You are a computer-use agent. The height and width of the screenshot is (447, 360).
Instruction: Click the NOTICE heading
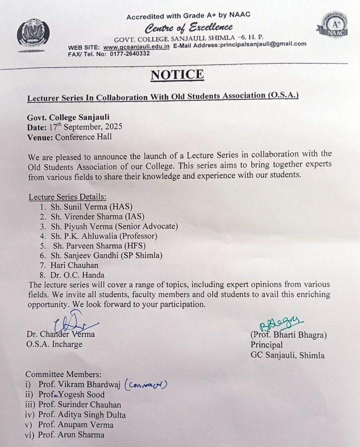coord(177,75)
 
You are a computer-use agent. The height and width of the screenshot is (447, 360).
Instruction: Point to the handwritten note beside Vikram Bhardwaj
coord(145,385)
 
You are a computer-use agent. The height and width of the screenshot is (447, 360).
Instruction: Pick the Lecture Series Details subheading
coord(67,197)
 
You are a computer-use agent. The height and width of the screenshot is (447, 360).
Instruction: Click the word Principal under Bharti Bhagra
coord(266,345)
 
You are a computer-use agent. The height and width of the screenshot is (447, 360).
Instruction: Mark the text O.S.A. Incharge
coord(54,344)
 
